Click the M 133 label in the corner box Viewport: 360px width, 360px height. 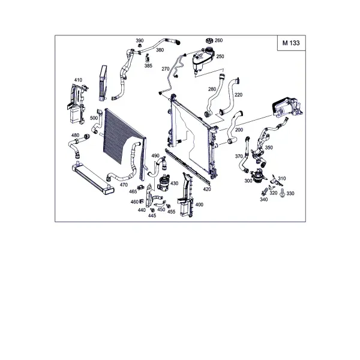(291, 43)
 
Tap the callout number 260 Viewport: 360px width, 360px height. (218, 40)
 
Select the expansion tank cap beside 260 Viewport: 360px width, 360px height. (209, 41)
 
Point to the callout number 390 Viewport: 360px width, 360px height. (140, 41)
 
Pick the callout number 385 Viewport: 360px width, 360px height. (148, 66)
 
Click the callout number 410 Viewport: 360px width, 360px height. (78, 80)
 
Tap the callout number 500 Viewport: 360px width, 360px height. (94, 118)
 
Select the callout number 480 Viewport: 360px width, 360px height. (76, 135)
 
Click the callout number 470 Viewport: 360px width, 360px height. (124, 185)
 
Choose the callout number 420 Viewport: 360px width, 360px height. (207, 189)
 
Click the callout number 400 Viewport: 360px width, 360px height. (199, 205)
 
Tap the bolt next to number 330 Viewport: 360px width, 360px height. (282, 193)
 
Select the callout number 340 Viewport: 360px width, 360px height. (264, 200)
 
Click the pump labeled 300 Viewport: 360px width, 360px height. (259, 176)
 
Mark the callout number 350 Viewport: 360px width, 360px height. (269, 148)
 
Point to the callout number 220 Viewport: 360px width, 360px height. (239, 95)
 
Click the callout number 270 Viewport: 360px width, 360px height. (166, 69)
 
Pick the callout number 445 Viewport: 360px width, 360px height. (152, 215)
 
